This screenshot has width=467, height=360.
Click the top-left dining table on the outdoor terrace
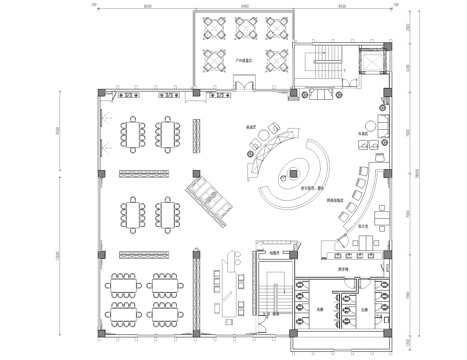coord(211,24)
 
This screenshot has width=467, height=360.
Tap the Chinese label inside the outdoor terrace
coord(242,61)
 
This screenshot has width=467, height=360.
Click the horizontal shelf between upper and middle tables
coord(140,174)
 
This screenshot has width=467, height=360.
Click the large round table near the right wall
coord(383,213)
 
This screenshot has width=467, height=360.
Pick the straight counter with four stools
coord(338,245)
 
